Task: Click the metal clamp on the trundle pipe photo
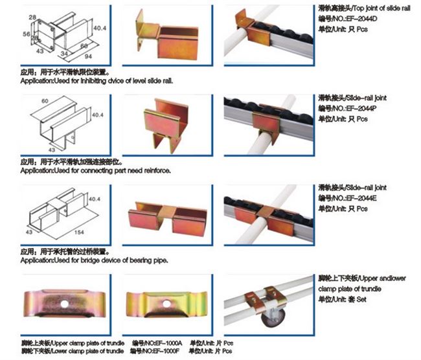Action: coord(262,299)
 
